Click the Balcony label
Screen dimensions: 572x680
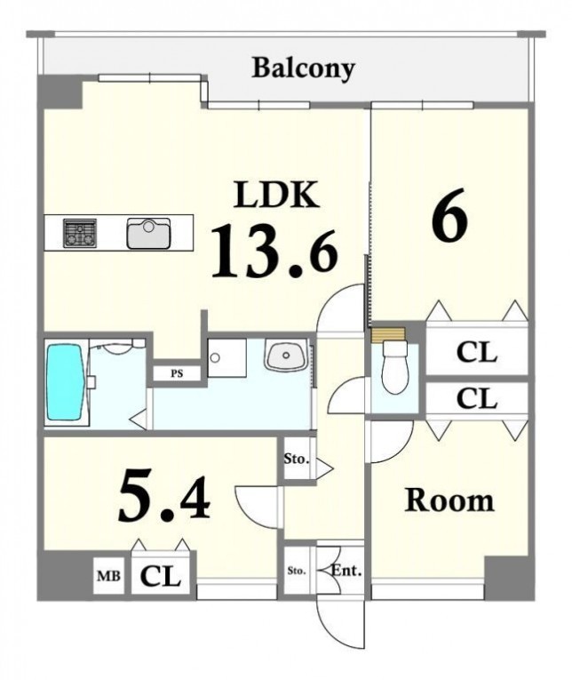[x=304, y=69]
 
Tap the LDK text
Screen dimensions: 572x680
[x=277, y=195]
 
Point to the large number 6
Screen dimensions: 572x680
[x=449, y=215]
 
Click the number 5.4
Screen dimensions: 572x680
[x=163, y=496]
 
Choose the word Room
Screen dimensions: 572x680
[x=449, y=500]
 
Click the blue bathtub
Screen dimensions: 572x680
[x=65, y=382]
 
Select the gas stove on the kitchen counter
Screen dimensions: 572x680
[x=80, y=233]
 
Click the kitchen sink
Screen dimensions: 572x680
[x=148, y=233]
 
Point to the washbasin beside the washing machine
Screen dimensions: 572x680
[x=286, y=356]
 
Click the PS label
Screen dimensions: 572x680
[x=177, y=373]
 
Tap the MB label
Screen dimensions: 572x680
[x=108, y=576]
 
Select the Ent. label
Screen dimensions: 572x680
[x=346, y=571]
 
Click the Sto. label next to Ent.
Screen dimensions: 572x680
[x=297, y=571]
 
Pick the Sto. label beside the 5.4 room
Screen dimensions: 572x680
[x=297, y=459]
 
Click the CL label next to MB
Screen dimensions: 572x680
[x=160, y=576]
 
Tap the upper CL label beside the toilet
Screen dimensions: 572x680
[x=477, y=352]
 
